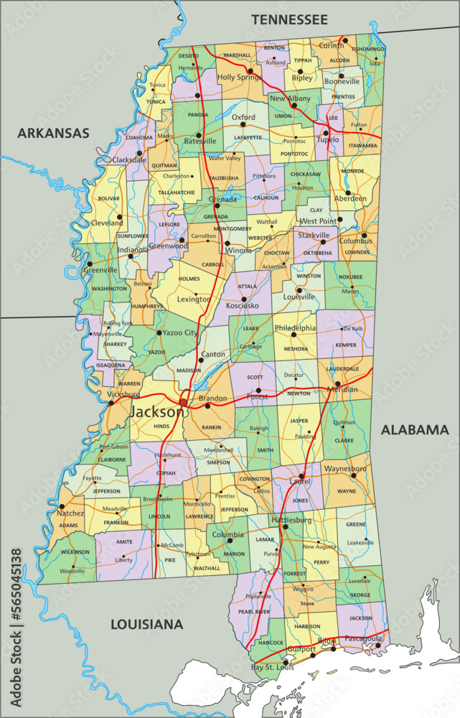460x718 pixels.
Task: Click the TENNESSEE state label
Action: (x=289, y=19)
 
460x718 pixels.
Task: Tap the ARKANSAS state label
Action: (x=53, y=133)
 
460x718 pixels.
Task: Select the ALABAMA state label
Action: (x=414, y=430)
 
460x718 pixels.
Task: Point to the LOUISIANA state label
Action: (x=146, y=625)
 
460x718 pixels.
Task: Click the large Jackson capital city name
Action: (x=156, y=413)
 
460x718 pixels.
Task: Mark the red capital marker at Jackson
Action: (x=184, y=403)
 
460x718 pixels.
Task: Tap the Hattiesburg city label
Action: (x=291, y=518)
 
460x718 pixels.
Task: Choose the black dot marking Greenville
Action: (x=89, y=264)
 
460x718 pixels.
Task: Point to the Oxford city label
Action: (x=243, y=117)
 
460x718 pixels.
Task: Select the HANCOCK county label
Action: (x=271, y=642)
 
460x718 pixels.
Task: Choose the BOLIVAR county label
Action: (x=108, y=198)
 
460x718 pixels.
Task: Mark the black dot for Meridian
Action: (x=337, y=383)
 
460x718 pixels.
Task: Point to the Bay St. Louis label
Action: (x=273, y=668)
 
